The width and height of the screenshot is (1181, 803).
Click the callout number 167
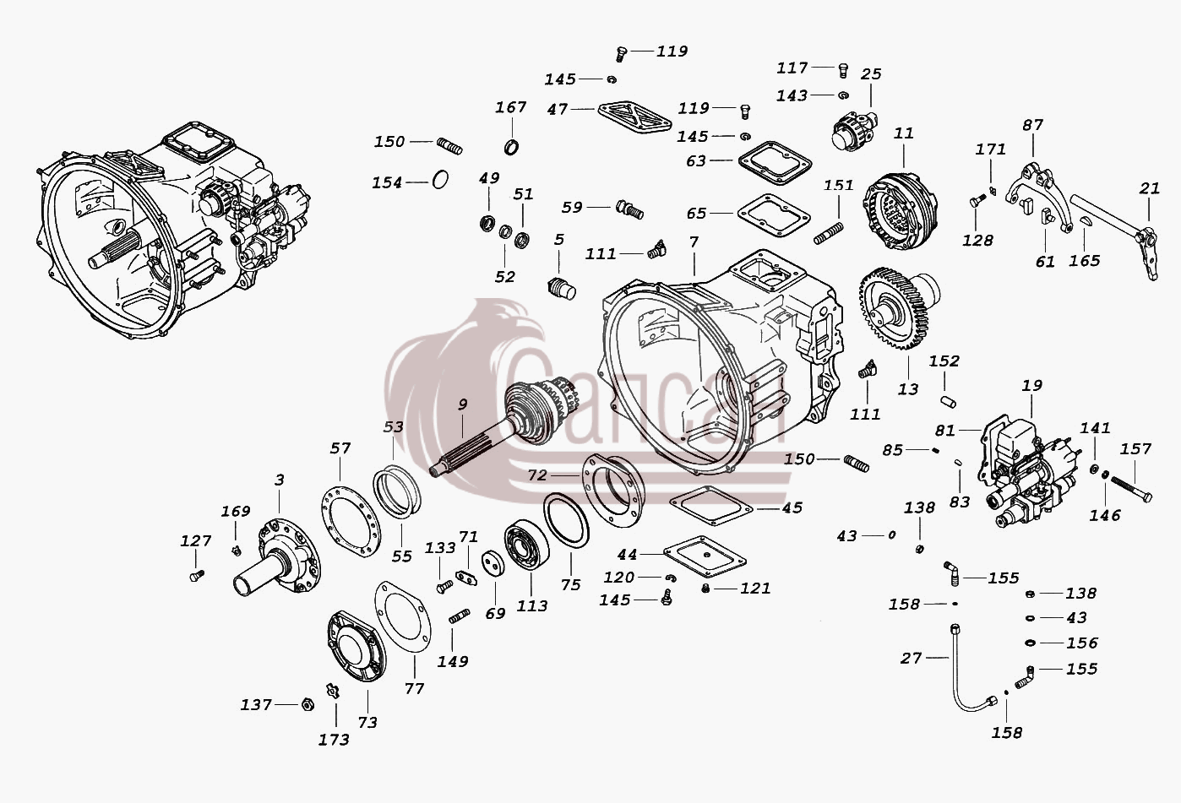(x=510, y=107)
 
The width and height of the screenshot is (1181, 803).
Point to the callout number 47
(x=558, y=109)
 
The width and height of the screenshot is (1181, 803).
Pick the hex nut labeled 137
(x=307, y=704)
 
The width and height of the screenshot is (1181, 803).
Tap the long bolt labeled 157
(x=1131, y=488)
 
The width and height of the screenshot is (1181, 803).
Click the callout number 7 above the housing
(x=694, y=242)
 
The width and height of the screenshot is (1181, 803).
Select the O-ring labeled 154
(x=440, y=180)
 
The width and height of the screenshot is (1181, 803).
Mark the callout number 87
(x=1032, y=126)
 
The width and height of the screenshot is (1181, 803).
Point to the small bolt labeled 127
(x=197, y=576)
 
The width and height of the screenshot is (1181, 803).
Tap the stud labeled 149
(x=460, y=616)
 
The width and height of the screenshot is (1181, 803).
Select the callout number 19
(x=1031, y=386)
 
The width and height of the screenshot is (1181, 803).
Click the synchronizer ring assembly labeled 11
(x=900, y=211)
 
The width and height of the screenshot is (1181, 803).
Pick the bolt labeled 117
(x=843, y=70)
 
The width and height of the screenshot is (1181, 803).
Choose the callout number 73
(x=367, y=723)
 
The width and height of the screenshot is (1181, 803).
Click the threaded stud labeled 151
(x=828, y=233)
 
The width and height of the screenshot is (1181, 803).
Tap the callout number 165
(x=1084, y=261)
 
